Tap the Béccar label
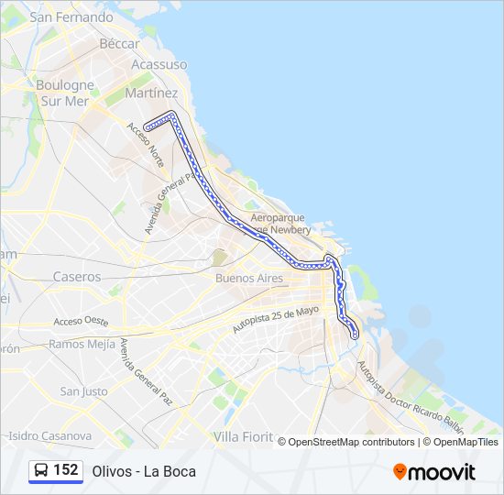pos(120,43)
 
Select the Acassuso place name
pos(159,65)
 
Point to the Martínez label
pos(151,93)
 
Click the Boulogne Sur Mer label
pos(65,93)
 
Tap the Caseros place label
pos(77,276)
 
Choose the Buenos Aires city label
pos(249,278)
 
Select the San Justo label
pos(83,391)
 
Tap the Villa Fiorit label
pos(244,436)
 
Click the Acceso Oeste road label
pos(81,322)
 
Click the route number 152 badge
pos(66,470)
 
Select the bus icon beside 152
pos(41,470)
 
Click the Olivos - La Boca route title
pos(144,471)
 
